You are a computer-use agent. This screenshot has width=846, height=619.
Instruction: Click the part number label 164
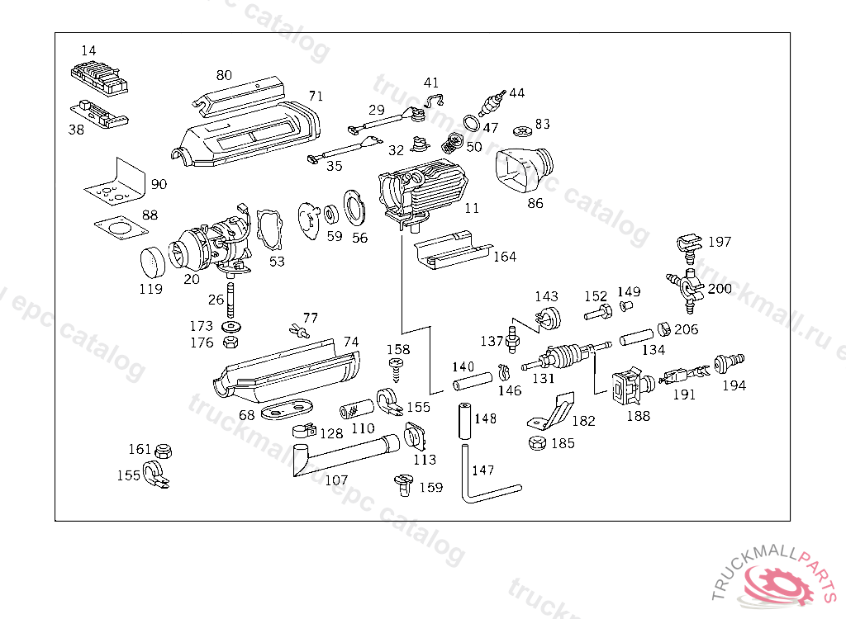coord(504,257)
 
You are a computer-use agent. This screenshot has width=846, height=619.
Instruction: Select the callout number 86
coord(535,203)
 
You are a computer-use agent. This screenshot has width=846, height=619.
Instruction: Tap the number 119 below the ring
coord(150,289)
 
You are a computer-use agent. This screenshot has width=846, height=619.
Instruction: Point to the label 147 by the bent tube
coord(482,470)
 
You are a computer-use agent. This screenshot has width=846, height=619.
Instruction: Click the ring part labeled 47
coord(471,124)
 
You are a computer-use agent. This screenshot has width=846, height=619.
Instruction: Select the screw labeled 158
coord(398,368)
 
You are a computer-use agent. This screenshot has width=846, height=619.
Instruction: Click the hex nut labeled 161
coord(163,451)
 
